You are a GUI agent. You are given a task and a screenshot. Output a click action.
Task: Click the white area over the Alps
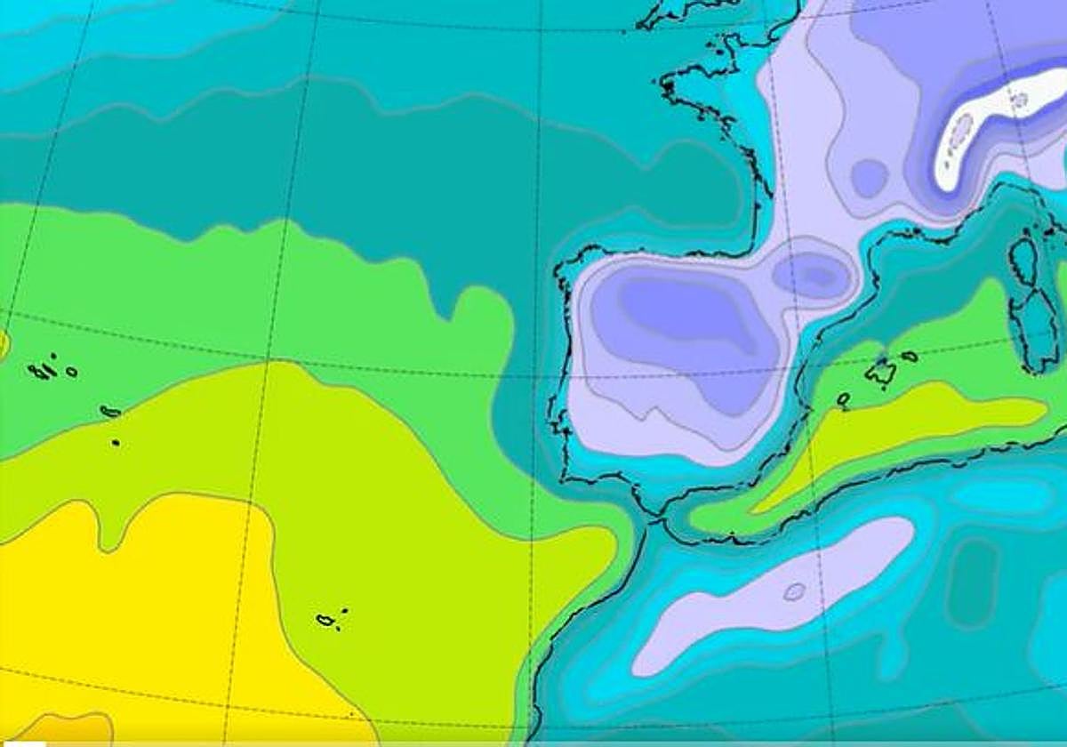pyautogui.click(x=987, y=124)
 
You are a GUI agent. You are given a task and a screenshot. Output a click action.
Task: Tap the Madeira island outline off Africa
pyautogui.click(x=327, y=620)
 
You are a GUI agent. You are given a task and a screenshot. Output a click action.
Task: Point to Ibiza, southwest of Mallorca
pyautogui.click(x=843, y=399)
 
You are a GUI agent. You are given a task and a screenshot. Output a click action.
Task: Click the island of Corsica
pyautogui.click(x=1023, y=258)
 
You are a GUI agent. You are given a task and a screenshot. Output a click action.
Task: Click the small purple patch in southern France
pyautogui.click(x=869, y=177)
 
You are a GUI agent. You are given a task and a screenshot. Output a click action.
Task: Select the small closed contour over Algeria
pyautogui.click(x=794, y=591)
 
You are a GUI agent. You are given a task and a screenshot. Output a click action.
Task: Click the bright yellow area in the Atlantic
pyautogui.click(x=133, y=605)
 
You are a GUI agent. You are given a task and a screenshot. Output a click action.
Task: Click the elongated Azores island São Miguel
pyautogui.click(x=111, y=411)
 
